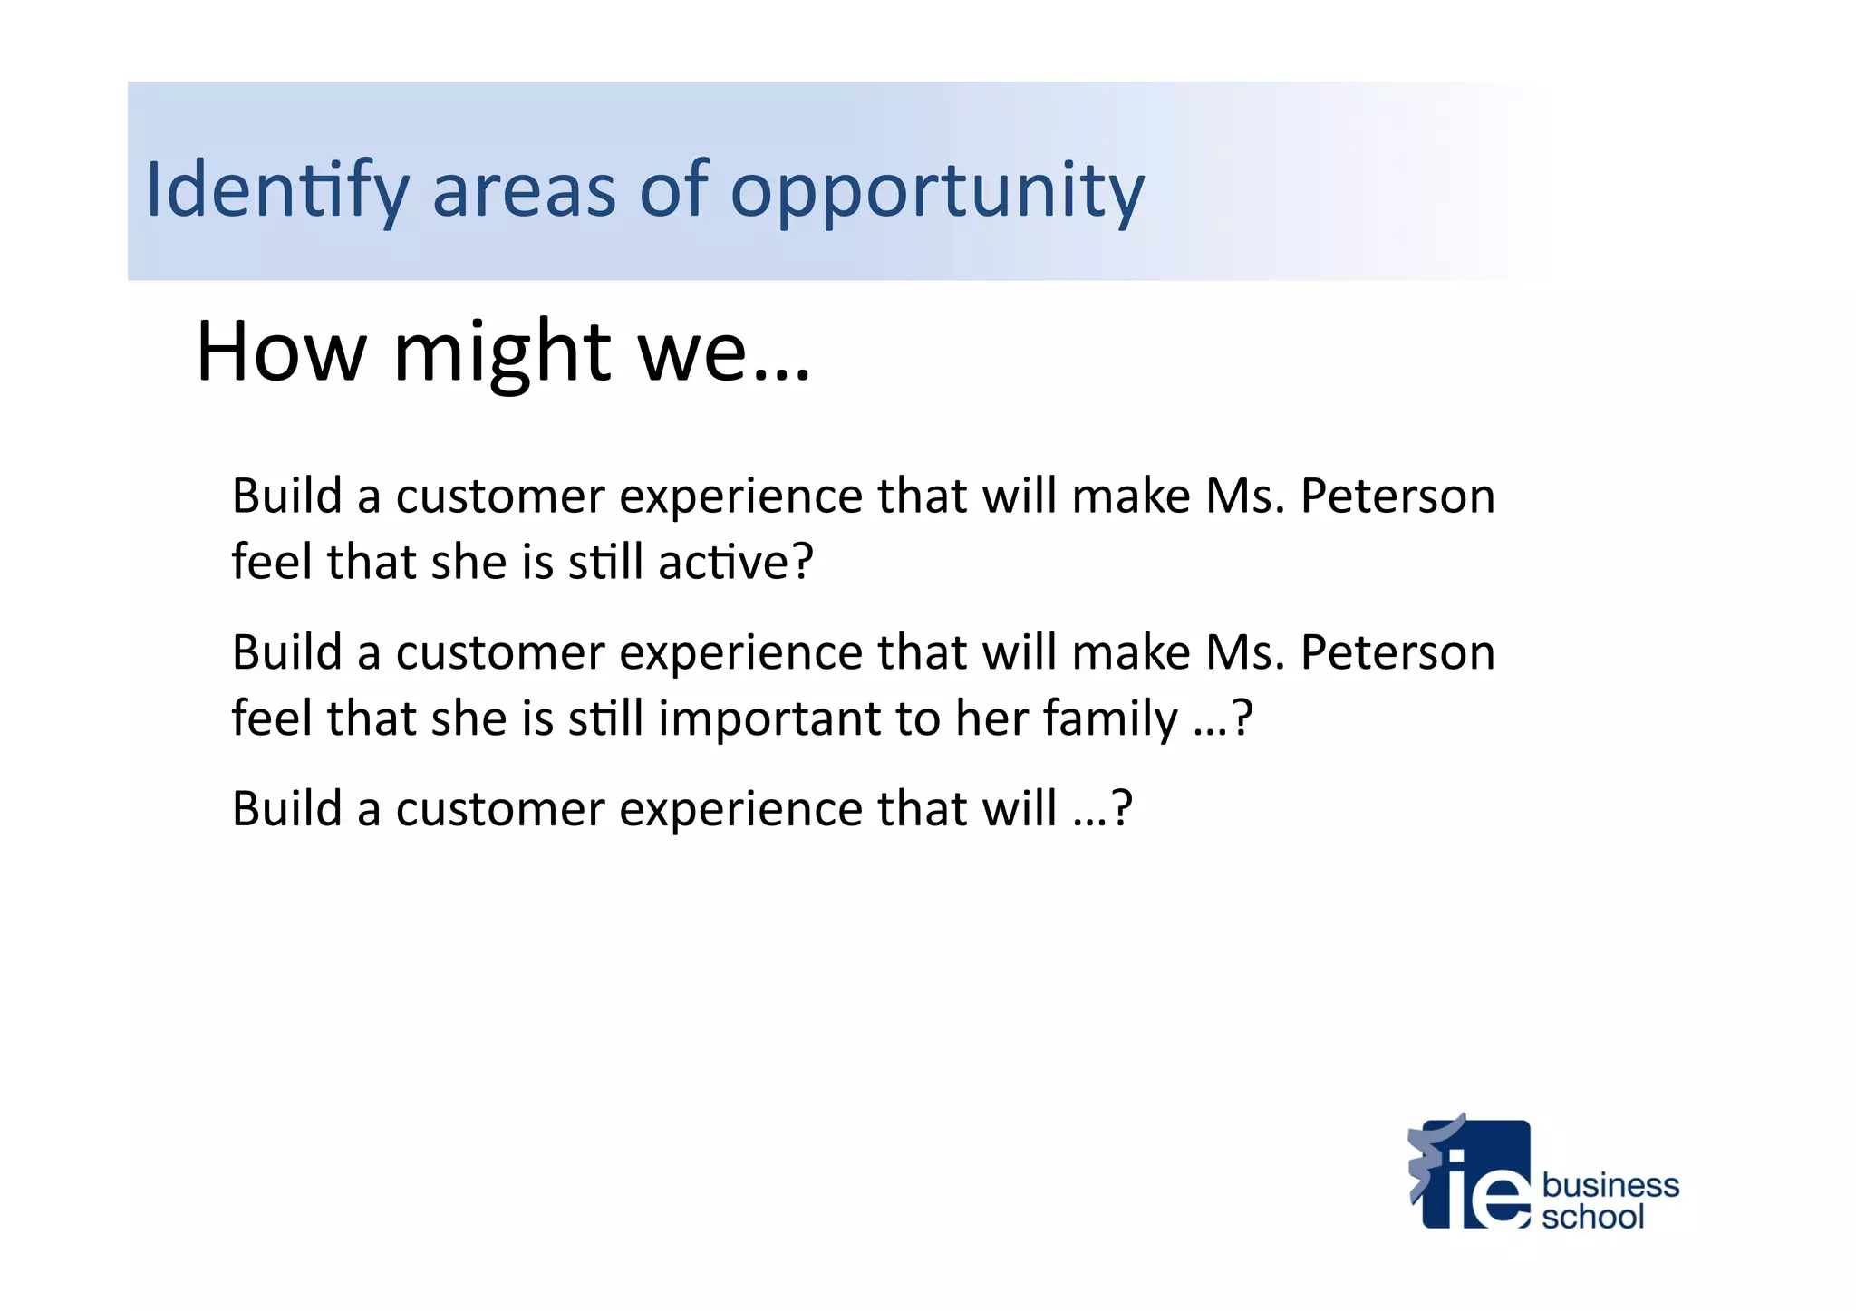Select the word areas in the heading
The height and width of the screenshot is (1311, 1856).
524,190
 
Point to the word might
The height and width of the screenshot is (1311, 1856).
503,352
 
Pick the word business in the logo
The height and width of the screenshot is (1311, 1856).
1610,1185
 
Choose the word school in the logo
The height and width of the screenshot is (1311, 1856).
1592,1217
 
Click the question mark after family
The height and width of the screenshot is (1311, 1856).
1242,718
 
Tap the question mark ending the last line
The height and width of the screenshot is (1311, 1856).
1122,808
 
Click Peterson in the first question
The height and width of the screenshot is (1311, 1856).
1397,496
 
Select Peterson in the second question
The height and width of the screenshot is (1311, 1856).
1397,652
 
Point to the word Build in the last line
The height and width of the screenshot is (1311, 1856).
286,808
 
